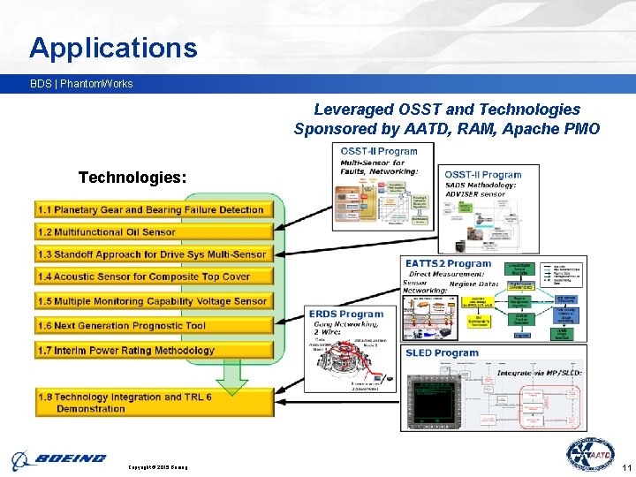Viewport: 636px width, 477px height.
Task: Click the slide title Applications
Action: (x=113, y=47)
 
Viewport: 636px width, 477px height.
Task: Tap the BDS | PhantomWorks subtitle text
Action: (x=81, y=84)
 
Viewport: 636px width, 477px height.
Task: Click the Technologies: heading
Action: (x=132, y=178)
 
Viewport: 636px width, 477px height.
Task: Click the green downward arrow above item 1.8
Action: (x=231, y=376)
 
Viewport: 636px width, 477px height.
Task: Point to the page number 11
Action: (x=625, y=467)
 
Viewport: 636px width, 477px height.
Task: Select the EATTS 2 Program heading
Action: (x=448, y=263)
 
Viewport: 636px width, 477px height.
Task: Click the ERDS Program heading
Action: (x=346, y=314)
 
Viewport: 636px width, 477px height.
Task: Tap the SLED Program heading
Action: (x=442, y=352)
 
